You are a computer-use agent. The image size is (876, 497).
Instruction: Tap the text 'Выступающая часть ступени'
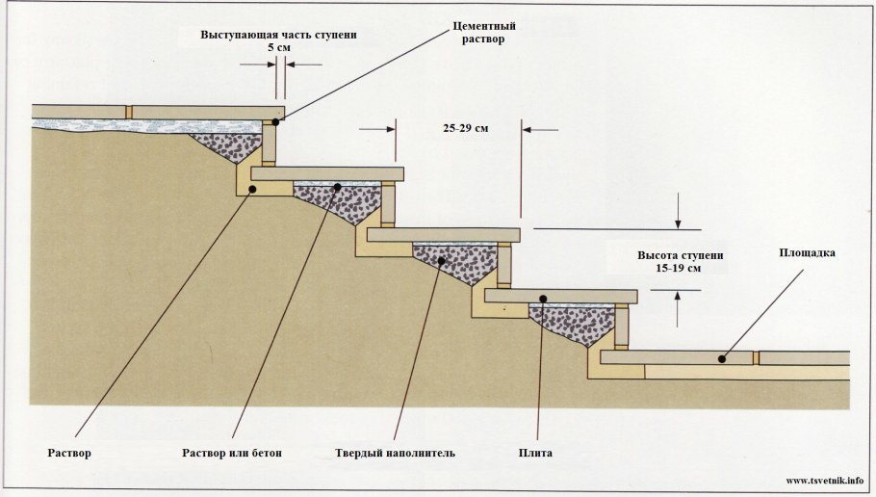pyautogui.click(x=279, y=36)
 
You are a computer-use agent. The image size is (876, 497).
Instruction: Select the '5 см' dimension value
pyautogui.click(x=278, y=48)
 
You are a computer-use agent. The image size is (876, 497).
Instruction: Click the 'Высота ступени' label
pyautogui.click(x=675, y=256)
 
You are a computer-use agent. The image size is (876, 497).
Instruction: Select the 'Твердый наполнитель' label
pyautogui.click(x=395, y=453)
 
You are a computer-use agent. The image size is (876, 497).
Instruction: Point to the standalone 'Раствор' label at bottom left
pyautogui.click(x=68, y=453)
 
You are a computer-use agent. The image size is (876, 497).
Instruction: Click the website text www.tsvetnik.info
pyautogui.click(x=825, y=480)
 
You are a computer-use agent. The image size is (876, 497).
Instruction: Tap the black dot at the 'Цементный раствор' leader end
pyautogui.click(x=275, y=122)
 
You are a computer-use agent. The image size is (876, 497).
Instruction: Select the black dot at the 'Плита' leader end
pyautogui.click(x=543, y=299)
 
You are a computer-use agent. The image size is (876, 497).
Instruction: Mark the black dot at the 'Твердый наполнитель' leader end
pyautogui.click(x=440, y=260)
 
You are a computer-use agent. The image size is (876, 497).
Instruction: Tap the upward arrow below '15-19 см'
pyautogui.click(x=680, y=299)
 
